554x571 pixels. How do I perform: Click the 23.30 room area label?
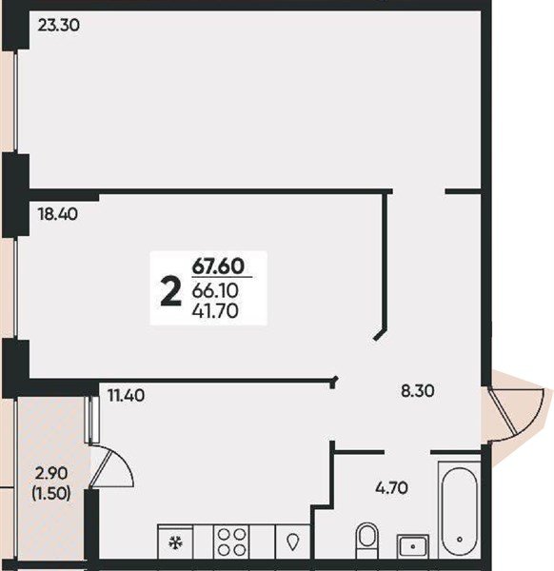tap(58, 26)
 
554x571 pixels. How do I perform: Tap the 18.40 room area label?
tap(57, 214)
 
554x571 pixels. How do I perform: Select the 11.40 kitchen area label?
tap(127, 396)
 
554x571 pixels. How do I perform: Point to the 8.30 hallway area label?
tap(418, 391)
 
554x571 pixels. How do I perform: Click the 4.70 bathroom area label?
tap(391, 487)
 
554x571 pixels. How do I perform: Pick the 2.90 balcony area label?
tap(51, 474)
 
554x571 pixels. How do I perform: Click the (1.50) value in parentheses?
tap(51, 493)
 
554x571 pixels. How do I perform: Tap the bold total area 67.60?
tap(218, 266)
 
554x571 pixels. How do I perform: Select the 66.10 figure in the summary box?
tap(215, 290)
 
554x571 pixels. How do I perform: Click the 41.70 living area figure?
tap(215, 310)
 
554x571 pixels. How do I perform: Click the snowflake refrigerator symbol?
tap(175, 543)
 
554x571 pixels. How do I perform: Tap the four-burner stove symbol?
tap(231, 541)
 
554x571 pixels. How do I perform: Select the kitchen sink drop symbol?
tap(292, 542)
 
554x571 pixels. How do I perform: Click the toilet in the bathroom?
tap(366, 540)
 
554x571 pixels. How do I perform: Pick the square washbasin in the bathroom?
tap(413, 546)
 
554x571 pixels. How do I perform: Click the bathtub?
tap(460, 510)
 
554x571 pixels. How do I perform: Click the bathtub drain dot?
tap(460, 540)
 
